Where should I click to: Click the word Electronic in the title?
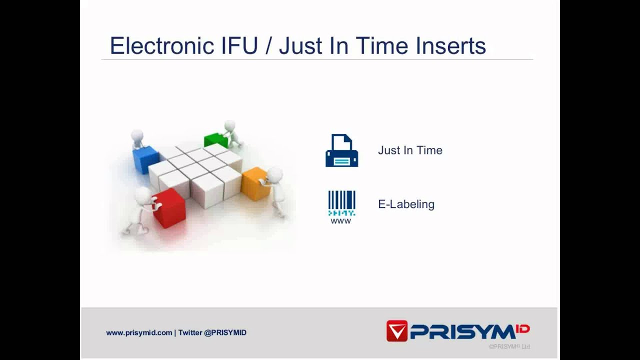point(162,46)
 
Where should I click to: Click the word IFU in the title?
point(239,46)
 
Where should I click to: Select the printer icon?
point(341,150)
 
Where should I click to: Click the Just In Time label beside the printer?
point(410,150)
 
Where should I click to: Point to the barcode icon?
point(341,202)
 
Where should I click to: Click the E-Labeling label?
point(406,204)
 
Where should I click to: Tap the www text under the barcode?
point(341,221)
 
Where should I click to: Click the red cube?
point(169,208)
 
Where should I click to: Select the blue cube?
point(145,159)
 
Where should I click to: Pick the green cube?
point(215,140)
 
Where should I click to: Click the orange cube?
point(254,184)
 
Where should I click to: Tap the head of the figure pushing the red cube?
point(142,194)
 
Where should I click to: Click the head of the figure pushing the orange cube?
point(274,175)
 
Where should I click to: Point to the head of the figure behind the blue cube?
point(137,135)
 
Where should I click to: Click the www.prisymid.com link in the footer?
point(139,332)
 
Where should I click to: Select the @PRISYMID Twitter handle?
point(225,332)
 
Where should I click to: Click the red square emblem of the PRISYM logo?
point(397,331)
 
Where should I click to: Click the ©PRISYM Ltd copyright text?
point(509,346)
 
